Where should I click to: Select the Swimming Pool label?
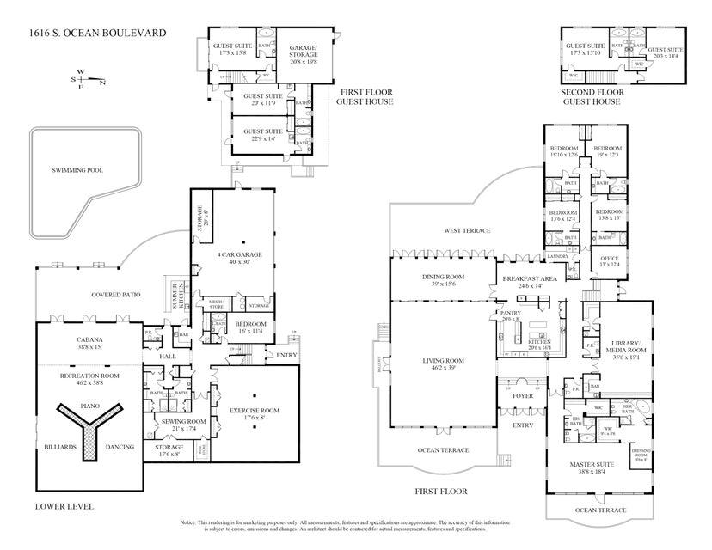pos(77,170)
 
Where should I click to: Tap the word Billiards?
pos(59,448)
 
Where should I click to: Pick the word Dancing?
pos(120,448)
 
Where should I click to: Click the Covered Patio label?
pos(116,295)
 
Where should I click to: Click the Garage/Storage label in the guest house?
pos(303,53)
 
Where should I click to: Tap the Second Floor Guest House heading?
pos(592,96)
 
